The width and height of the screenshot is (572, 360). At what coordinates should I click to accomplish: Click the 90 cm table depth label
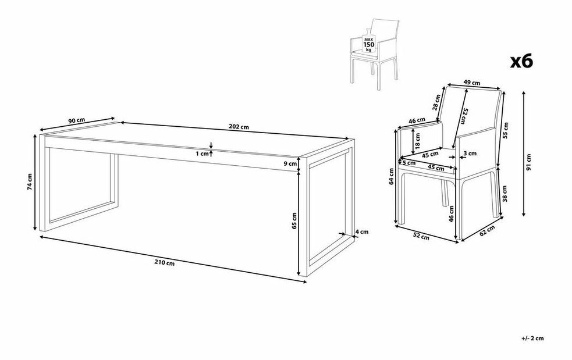[x=77, y=121]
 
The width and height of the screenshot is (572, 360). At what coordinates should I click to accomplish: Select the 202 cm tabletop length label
[x=239, y=127]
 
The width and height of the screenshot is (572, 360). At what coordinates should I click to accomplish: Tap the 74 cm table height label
[x=30, y=181]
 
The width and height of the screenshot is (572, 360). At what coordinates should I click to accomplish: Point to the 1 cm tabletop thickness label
[x=202, y=154]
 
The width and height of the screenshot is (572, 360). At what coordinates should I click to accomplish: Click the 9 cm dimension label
[x=290, y=164]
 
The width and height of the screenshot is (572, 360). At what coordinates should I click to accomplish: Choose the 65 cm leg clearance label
[x=295, y=220]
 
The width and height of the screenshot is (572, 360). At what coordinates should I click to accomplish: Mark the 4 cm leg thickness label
[x=362, y=231]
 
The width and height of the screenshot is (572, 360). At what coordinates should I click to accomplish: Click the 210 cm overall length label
[x=164, y=263]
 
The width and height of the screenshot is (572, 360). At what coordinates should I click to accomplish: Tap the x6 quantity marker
[x=521, y=61]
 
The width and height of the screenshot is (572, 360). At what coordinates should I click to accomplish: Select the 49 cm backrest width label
[x=472, y=83]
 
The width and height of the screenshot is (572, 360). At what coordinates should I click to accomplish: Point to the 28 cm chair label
[x=437, y=102]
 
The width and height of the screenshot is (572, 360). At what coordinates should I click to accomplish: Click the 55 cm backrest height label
[x=506, y=130]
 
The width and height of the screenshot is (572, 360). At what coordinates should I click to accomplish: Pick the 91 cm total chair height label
[x=528, y=162]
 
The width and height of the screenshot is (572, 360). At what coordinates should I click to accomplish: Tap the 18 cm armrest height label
[x=418, y=140]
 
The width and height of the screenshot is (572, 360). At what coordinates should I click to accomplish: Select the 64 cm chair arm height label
[x=391, y=176]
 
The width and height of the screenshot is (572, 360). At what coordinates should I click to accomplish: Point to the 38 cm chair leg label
[x=505, y=194]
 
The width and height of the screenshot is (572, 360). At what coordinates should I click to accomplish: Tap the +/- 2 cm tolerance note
[x=532, y=338]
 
